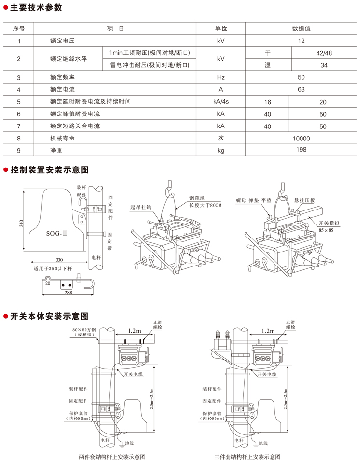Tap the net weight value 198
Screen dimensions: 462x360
coord(301,150)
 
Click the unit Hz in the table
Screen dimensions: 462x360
coord(221,77)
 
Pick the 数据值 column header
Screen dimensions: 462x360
coord(301,28)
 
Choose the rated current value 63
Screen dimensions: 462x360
coord(301,89)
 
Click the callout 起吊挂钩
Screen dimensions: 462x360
coord(141,207)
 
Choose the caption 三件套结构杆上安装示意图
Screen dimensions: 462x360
coord(247,456)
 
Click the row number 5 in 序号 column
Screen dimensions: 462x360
coord(18,102)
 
